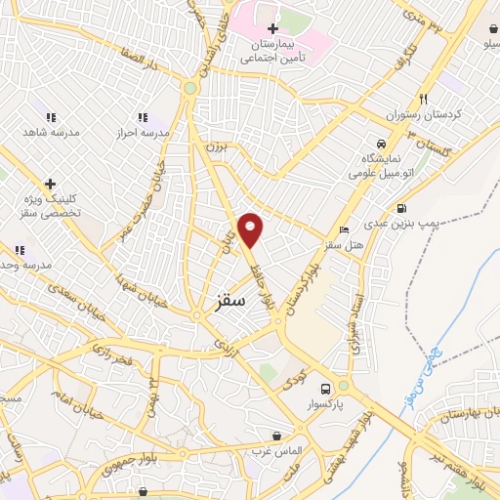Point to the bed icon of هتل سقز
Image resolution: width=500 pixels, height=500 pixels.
click(343, 229)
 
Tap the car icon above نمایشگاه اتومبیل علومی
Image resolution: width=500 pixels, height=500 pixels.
click(381, 142)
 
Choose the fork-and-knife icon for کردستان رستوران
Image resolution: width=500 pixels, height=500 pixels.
click(423, 99)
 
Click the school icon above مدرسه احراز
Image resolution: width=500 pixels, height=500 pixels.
click(144, 116)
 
